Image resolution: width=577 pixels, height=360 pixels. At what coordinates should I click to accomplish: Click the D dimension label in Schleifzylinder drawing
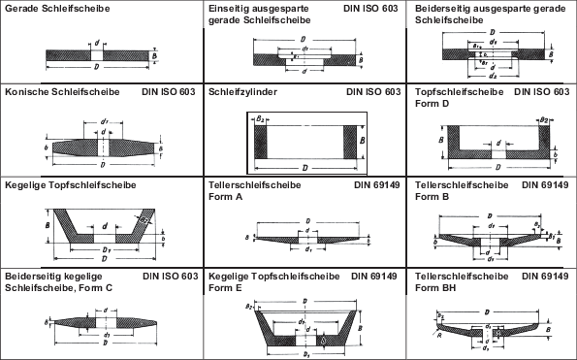point(306,167)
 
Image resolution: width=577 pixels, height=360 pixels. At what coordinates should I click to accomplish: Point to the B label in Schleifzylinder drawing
point(362,140)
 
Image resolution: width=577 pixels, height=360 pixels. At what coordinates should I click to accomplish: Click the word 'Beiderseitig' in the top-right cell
point(443,8)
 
